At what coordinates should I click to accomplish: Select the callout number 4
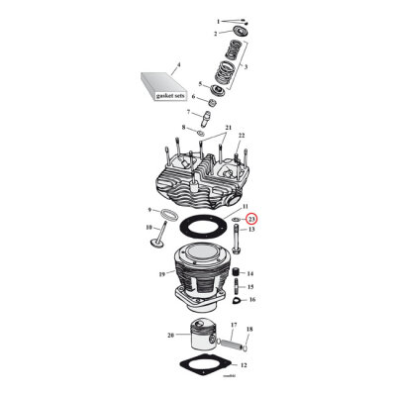tap(178, 65)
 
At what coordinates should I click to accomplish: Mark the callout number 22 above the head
tap(240, 135)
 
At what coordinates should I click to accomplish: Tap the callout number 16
tap(250, 299)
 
